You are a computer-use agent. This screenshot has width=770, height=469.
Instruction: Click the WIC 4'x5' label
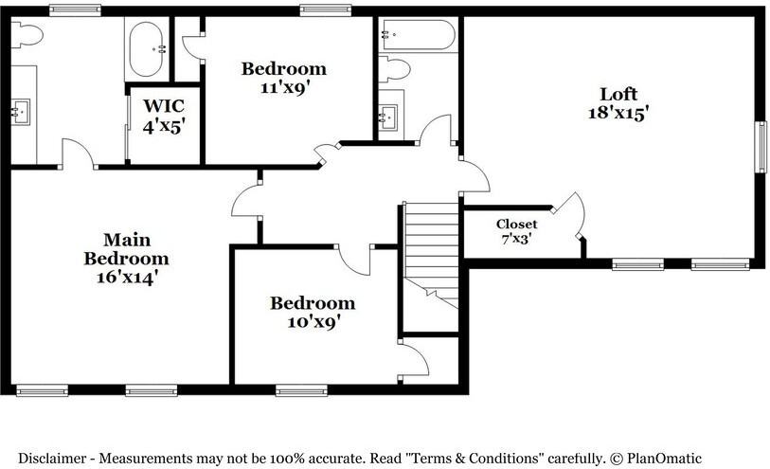pos(164,114)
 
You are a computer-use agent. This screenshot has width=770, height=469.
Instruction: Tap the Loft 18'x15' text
pos(618,102)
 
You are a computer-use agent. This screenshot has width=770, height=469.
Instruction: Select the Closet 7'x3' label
pos(516,231)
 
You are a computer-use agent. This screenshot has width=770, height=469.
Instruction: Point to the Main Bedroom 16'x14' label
pos(126,258)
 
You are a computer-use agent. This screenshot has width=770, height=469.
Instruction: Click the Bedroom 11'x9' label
pos(283,77)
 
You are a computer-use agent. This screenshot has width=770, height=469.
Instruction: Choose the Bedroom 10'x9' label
pos(312,312)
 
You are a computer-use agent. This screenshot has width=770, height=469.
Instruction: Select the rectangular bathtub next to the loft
pos(418,36)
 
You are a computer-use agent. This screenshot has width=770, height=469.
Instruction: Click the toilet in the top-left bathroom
pos(27,36)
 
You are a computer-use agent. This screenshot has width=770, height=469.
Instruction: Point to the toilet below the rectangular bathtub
pos(394,69)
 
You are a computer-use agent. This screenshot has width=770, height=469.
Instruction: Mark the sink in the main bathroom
pos(20,113)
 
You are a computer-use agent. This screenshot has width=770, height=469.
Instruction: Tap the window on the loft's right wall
pos(760,147)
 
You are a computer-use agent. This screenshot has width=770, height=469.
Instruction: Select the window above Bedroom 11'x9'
pos(326,10)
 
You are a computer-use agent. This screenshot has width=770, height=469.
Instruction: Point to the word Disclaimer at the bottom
pos(53,458)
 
